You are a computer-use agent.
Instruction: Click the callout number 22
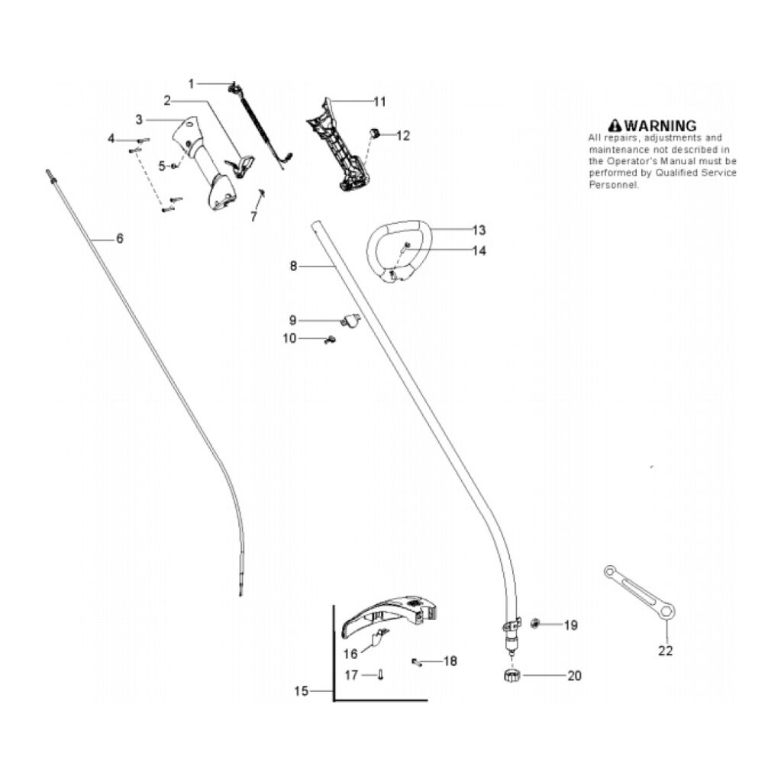coord(666,651)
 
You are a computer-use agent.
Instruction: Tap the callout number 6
coord(119,238)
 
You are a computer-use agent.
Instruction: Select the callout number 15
coord(302,691)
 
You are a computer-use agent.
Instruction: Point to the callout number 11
coord(379,101)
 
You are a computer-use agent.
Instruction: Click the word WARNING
coord(660,125)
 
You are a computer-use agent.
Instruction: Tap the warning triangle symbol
coord(615,125)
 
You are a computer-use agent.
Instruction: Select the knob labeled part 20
coord(511,677)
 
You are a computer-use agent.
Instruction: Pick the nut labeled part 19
coord(536,624)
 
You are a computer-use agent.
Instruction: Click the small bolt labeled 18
coord(416,661)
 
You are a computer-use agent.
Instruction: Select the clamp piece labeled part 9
coord(350,321)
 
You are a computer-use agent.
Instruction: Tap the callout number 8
coord(293,266)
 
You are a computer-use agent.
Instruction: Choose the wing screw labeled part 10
coord(331,341)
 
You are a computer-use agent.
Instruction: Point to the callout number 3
coord(139,119)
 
